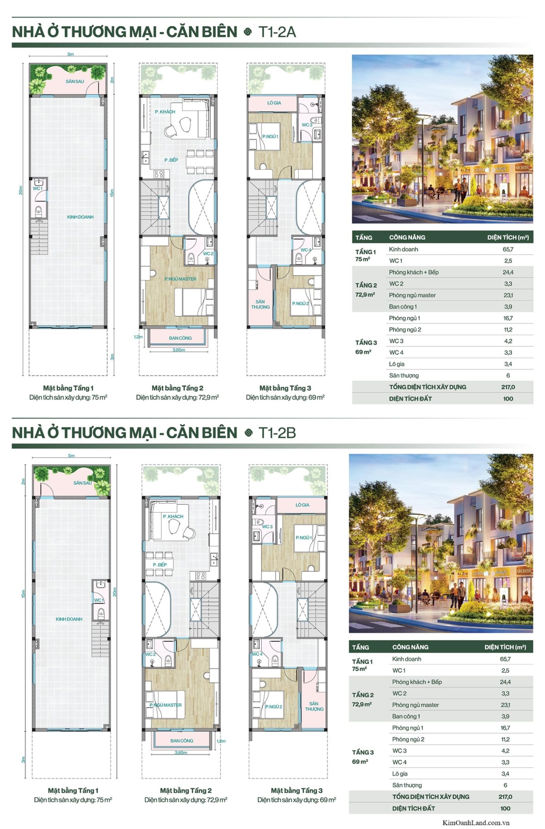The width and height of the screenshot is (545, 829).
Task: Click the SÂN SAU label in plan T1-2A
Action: point(75,81)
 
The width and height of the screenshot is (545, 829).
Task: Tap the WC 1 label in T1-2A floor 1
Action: point(38,188)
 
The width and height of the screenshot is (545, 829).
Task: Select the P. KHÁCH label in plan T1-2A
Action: point(165,112)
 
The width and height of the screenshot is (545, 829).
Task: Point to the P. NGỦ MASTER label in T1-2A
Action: point(180,279)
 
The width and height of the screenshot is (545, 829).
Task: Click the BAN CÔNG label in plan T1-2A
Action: point(180,338)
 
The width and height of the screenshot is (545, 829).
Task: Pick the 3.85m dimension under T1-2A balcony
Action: point(179,350)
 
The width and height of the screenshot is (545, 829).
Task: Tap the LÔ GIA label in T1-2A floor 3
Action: point(274,103)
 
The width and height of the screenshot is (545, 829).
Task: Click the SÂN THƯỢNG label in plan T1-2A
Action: point(260,304)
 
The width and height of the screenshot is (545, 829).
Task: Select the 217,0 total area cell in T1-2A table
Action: point(508,387)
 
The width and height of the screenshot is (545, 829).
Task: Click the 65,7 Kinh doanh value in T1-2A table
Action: point(508,249)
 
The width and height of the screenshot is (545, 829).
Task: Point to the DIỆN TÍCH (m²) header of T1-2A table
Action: point(508,237)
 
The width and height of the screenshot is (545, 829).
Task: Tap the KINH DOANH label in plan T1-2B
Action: point(69,619)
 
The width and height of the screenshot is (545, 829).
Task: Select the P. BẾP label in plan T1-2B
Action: point(160,564)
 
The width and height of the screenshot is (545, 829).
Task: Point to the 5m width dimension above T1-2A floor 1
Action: point(71,54)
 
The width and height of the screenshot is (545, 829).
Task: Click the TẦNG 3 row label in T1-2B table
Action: point(363,752)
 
